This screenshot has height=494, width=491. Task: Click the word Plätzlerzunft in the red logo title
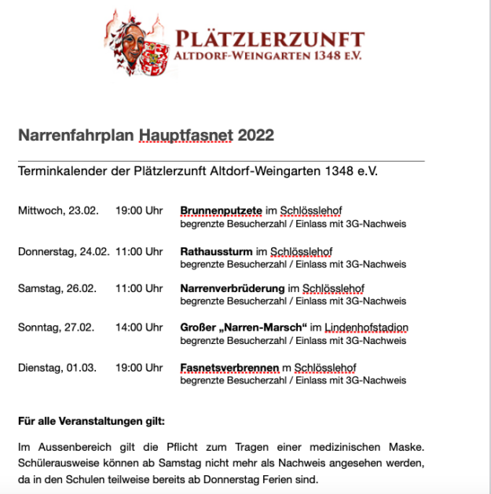click(x=269, y=39)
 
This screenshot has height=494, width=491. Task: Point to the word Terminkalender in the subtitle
click(x=63, y=170)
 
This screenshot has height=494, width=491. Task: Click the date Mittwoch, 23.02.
click(x=57, y=210)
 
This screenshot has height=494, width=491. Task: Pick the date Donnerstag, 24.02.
click(x=63, y=251)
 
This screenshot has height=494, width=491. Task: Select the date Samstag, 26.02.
click(x=57, y=289)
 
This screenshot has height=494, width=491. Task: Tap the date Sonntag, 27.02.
click(x=57, y=328)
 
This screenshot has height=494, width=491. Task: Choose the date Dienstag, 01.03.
click(x=57, y=368)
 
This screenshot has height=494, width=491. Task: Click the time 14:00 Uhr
click(x=138, y=328)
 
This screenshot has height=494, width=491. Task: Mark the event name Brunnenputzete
click(x=221, y=210)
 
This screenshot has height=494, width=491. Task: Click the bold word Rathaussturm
click(x=215, y=251)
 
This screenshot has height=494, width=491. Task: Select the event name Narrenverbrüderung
click(x=233, y=289)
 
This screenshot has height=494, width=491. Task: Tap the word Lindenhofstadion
click(x=370, y=328)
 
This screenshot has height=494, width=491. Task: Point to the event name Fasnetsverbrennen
click(x=229, y=368)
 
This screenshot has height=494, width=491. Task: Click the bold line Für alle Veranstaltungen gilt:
click(x=91, y=421)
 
